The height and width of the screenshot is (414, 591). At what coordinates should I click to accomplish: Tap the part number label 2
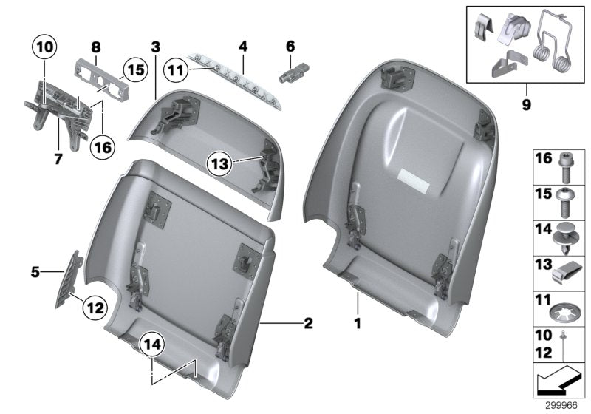click(x=308, y=323)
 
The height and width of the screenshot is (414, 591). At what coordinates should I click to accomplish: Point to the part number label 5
click(x=34, y=272)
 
